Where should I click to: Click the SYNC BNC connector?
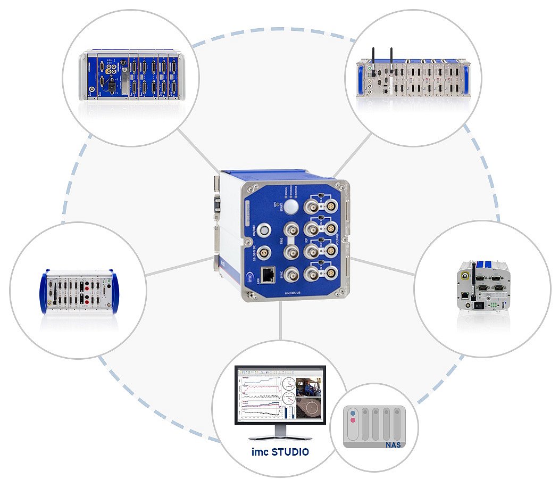[291, 275]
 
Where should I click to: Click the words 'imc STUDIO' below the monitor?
[280, 452]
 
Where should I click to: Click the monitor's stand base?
[280, 436]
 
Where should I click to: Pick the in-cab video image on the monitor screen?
[310, 387]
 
